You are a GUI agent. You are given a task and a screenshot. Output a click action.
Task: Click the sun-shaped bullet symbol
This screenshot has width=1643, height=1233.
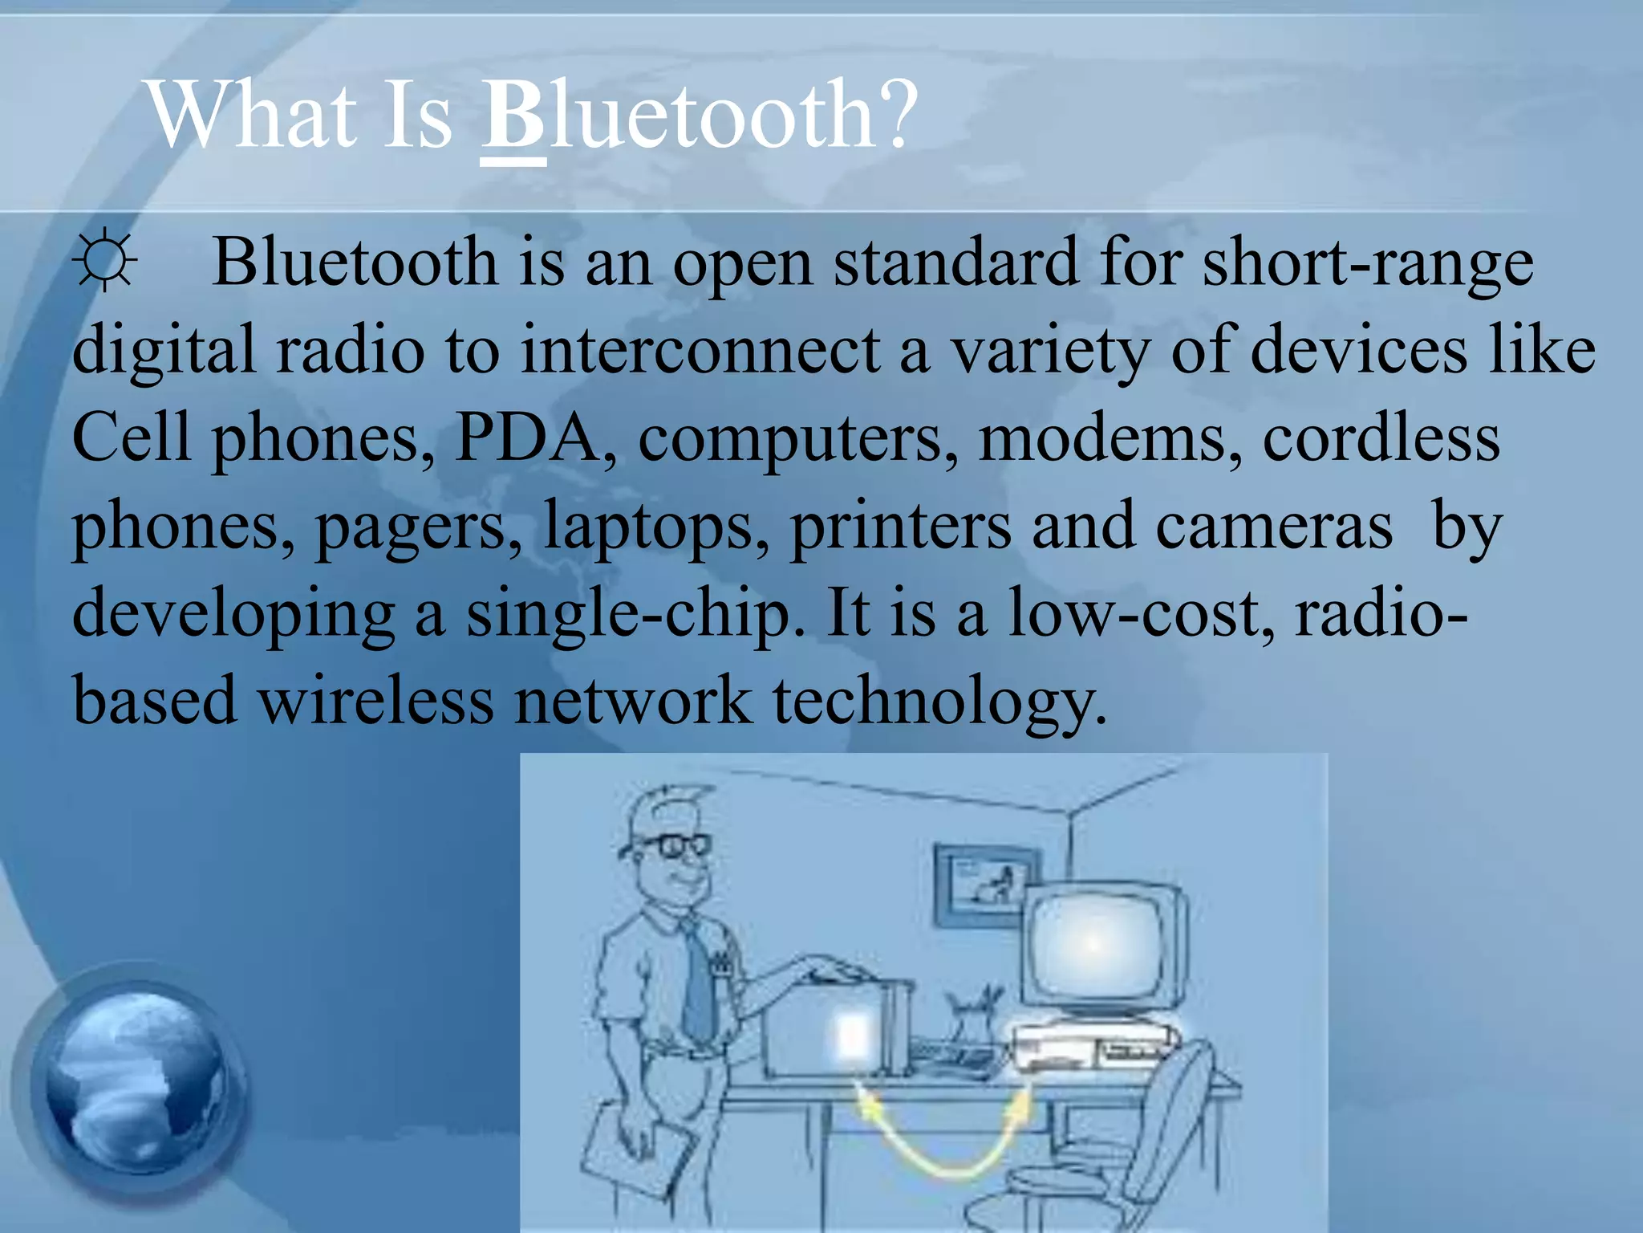(105, 262)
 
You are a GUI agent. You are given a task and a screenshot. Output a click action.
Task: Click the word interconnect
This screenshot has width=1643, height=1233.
(700, 350)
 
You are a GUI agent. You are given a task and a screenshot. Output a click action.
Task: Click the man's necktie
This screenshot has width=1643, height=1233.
(697, 983)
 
